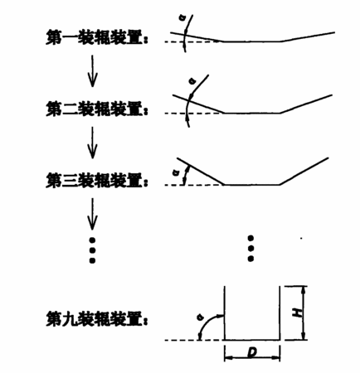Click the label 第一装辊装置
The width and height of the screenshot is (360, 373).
pyautogui.click(x=95, y=38)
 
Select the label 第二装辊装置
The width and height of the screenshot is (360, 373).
pyautogui.click(x=95, y=109)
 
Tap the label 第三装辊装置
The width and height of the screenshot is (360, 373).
pyautogui.click(x=95, y=181)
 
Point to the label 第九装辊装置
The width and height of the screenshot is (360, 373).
pyautogui.click(x=95, y=319)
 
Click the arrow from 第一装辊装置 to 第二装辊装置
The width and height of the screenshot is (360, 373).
pyautogui.click(x=92, y=71)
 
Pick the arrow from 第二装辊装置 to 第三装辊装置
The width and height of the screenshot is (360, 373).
pyautogui.click(x=92, y=143)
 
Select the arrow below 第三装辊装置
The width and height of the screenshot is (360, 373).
pyautogui.click(x=92, y=214)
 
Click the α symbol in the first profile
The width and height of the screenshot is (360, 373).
pyautogui.click(x=182, y=18)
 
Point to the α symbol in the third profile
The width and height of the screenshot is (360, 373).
pyautogui.click(x=175, y=173)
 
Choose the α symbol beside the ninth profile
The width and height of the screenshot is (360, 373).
pyautogui.click(x=198, y=317)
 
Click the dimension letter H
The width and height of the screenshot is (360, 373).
pyautogui.click(x=297, y=312)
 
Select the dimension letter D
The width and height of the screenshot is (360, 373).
pyautogui.click(x=251, y=352)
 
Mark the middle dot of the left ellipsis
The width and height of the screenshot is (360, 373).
pyautogui.click(x=92, y=250)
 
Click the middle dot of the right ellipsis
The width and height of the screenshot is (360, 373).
pyautogui.click(x=251, y=249)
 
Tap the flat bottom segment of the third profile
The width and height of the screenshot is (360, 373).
pyautogui.click(x=251, y=184)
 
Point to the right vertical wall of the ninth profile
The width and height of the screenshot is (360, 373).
pyautogui.click(x=280, y=313)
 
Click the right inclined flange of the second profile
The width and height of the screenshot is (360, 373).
pyautogui.click(x=306, y=104)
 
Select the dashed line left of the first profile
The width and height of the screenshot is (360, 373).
pyautogui.click(x=193, y=41)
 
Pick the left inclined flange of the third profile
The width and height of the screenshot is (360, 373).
pyautogui.click(x=200, y=171)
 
